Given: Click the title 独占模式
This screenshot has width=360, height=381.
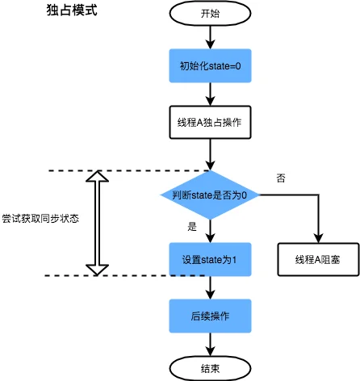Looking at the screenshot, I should tap(73, 14).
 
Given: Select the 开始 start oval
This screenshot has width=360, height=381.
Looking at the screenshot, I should tap(210, 14).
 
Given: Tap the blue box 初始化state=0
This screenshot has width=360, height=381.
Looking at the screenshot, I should tap(210, 65).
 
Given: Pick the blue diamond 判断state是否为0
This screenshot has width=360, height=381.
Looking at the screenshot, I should tap(210, 195).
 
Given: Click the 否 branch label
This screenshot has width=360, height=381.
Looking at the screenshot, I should tap(280, 178).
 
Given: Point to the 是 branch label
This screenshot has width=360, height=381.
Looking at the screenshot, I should tap(192, 227).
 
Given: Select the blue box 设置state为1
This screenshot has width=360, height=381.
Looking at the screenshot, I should tap(210, 260).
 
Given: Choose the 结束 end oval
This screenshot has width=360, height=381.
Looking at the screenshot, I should tap(210, 368).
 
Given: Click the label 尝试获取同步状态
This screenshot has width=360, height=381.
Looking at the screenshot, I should tap(40, 219).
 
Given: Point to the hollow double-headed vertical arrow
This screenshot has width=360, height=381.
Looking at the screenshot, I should tap(97, 223).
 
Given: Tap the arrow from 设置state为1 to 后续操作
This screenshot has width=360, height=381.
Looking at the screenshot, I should tap(210, 287).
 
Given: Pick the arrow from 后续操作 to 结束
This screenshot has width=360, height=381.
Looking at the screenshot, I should tap(210, 344).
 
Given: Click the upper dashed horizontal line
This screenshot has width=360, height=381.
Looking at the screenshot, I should tap(129, 171).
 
